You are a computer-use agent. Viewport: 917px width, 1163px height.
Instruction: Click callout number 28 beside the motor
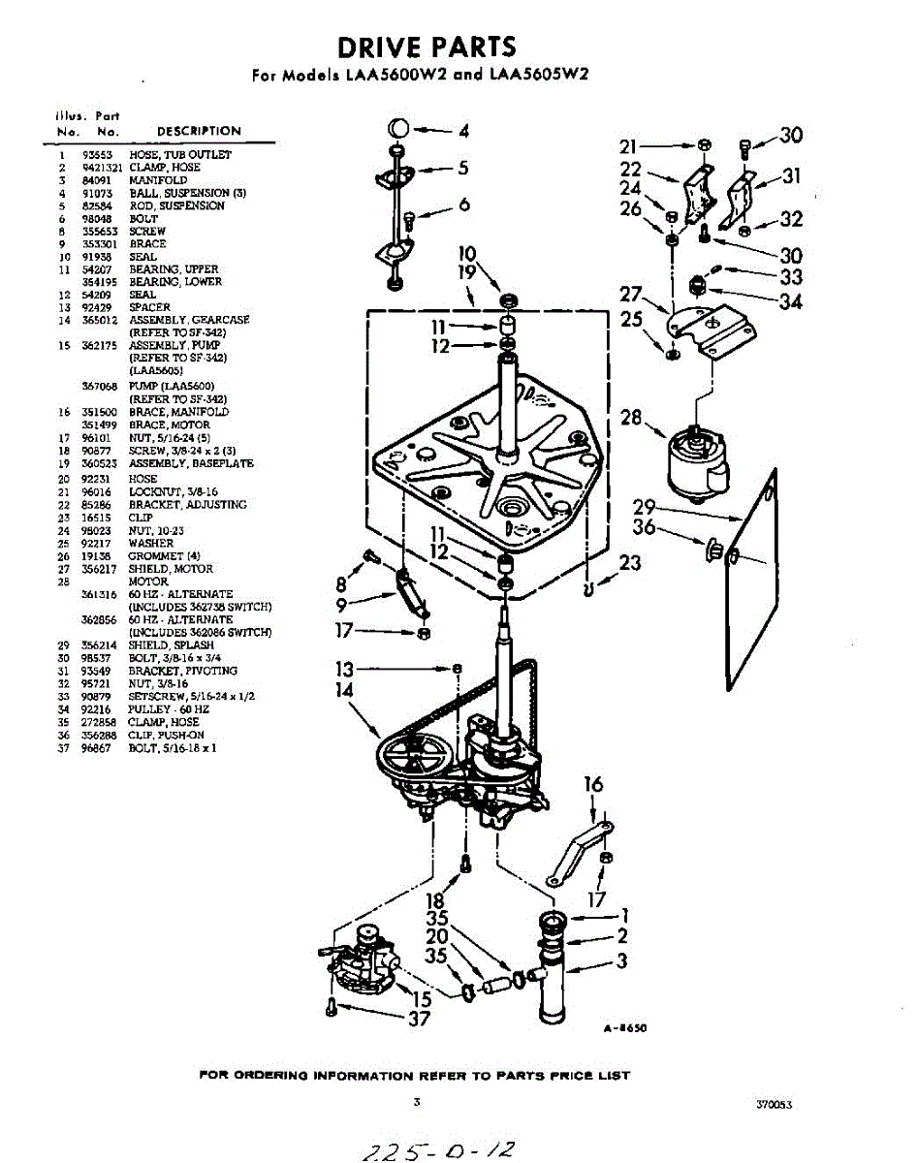click(632, 419)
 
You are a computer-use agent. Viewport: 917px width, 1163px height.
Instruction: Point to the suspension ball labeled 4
click(398, 129)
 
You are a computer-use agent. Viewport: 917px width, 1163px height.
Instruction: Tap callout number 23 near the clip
click(631, 563)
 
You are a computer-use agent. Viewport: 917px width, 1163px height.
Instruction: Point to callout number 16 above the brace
click(593, 784)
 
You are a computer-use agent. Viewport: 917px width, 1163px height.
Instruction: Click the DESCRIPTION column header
click(199, 131)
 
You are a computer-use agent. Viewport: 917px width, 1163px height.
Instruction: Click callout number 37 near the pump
click(419, 1019)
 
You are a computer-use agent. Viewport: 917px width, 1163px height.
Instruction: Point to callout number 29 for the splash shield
click(646, 507)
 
